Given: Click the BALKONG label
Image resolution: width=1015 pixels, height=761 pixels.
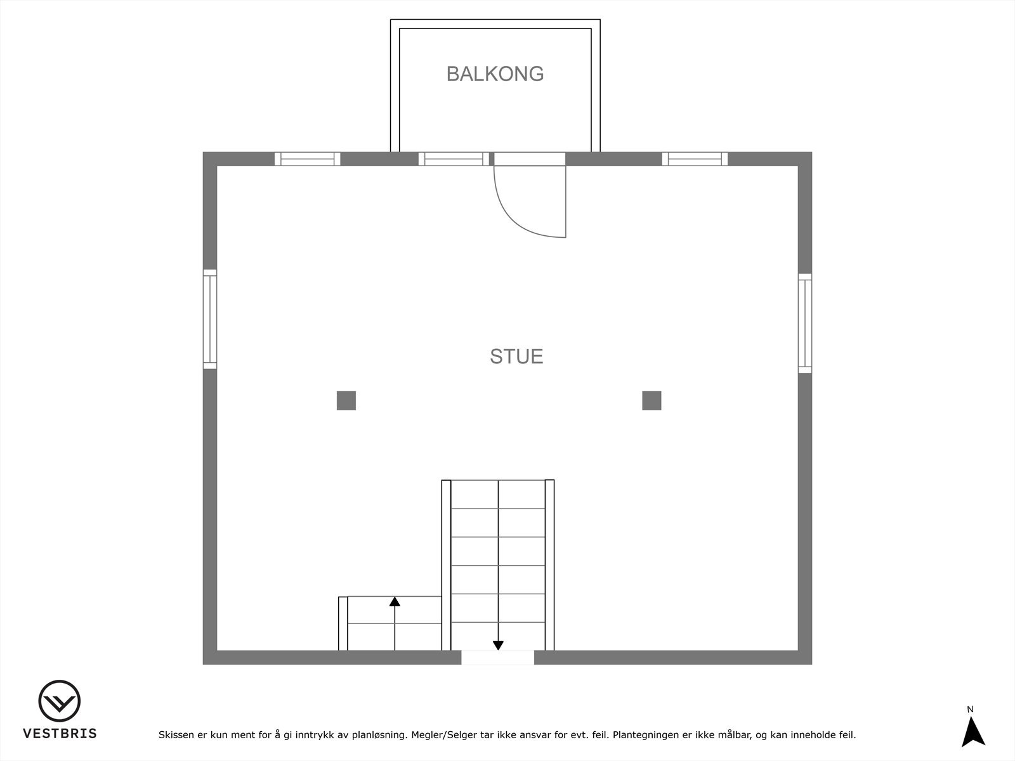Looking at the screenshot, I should tap(495, 74).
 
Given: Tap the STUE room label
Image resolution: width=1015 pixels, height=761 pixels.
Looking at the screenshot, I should tap(516, 356).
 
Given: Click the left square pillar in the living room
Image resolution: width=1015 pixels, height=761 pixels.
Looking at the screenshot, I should tap(346, 401).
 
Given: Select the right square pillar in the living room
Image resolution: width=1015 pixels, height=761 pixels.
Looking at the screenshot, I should tap(652, 401).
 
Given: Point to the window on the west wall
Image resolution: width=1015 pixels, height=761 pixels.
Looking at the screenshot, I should tap(210, 319).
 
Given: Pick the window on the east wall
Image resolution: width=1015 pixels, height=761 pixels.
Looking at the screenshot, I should tap(805, 323).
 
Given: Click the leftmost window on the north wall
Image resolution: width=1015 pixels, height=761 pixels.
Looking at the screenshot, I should tap(307, 159).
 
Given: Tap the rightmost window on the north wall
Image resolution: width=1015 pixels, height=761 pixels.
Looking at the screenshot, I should tap(695, 159).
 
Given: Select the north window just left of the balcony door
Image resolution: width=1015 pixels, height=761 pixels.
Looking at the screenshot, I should tap(454, 159).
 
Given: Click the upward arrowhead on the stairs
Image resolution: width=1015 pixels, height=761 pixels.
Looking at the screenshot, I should tap(395, 601).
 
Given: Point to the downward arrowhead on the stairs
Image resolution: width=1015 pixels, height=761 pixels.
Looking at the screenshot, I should tap(498, 646).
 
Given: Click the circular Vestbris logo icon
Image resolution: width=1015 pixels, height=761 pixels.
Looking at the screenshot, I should tap(60, 701).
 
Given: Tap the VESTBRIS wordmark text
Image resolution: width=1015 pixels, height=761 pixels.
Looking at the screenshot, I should tap(60, 734).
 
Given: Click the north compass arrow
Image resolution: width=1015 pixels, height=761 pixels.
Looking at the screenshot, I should tap(972, 732).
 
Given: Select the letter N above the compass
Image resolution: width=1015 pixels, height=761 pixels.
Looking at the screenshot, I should tap(970, 710).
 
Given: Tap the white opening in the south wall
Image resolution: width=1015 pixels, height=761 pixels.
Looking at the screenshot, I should tap(497, 658).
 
